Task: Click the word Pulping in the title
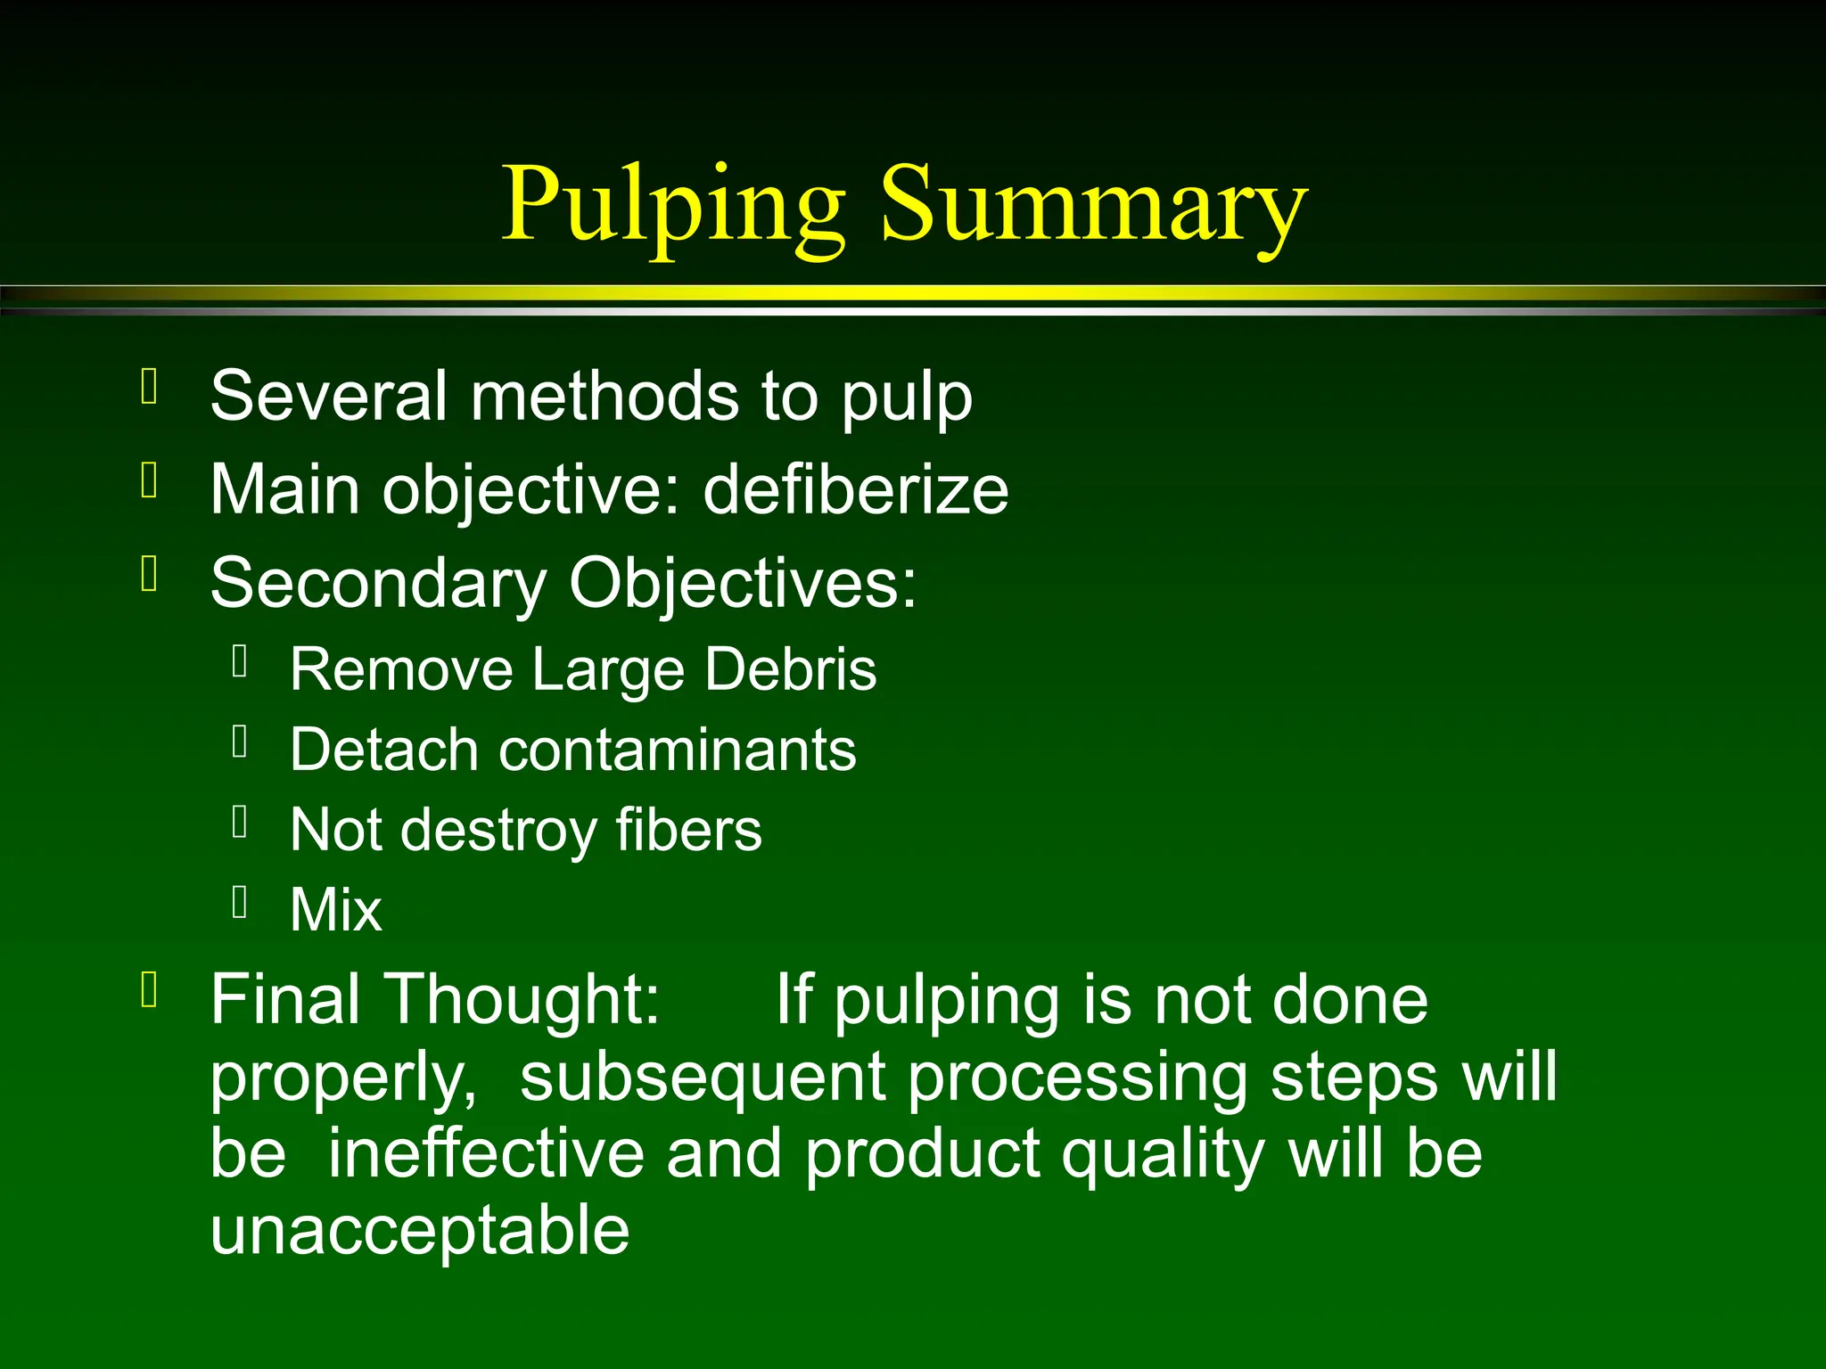pyautogui.click(x=673, y=207)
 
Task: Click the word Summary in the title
pyautogui.click(x=1093, y=207)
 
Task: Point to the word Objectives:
pyautogui.click(x=743, y=584)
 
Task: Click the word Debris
pyautogui.click(x=790, y=669)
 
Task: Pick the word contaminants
pyautogui.click(x=678, y=750)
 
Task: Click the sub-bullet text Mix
pyautogui.click(x=336, y=910)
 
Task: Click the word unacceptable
pyautogui.click(x=420, y=1231)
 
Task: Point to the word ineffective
pyautogui.click(x=486, y=1153)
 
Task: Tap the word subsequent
pyautogui.click(x=702, y=1077)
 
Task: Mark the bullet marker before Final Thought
pyautogui.click(x=150, y=989)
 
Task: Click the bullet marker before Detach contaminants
pyautogui.click(x=239, y=742)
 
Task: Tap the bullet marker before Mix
pyautogui.click(x=239, y=902)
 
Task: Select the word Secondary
pyautogui.click(x=378, y=584)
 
